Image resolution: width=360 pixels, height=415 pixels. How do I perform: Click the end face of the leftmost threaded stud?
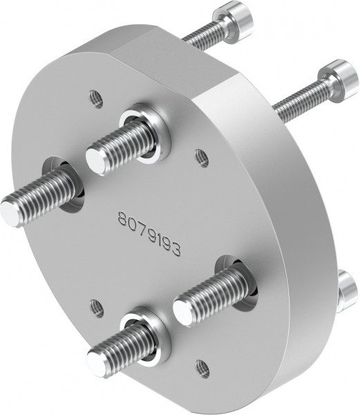click(12, 212)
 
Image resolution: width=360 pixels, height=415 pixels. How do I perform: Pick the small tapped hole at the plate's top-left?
click(97, 100)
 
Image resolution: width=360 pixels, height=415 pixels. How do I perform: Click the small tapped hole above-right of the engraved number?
click(202, 158)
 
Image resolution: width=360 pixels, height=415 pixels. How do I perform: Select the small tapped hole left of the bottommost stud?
click(97, 308)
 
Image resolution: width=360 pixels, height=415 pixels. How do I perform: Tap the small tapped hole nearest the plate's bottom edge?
click(202, 368)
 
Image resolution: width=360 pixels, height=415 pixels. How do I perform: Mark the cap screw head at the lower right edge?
click(348, 290)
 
